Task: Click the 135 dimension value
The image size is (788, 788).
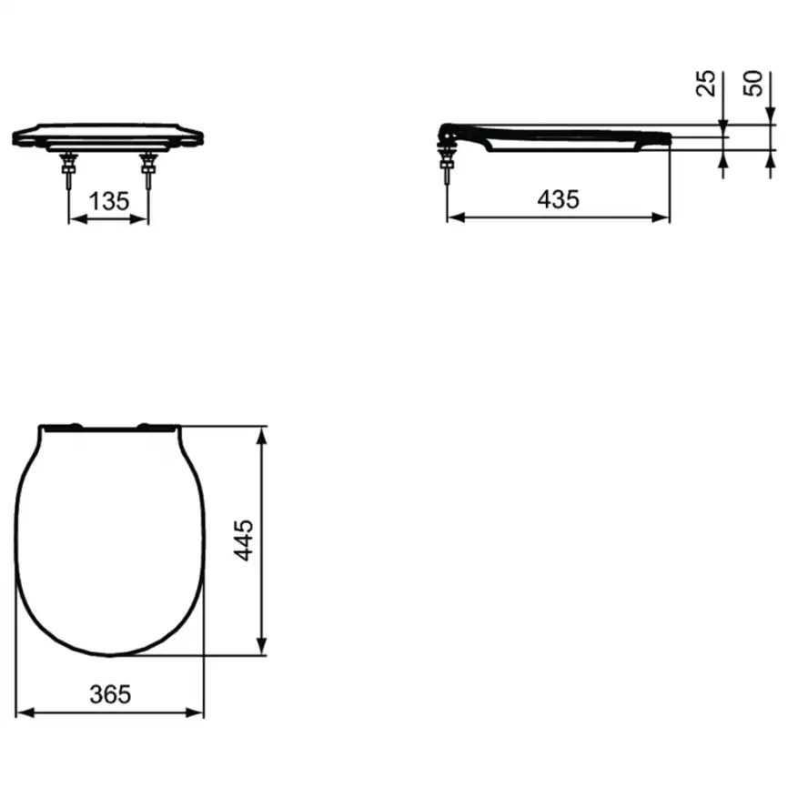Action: (109, 201)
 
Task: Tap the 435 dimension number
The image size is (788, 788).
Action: (558, 198)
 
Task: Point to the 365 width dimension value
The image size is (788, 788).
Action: (110, 693)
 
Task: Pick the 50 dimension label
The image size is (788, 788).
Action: (753, 84)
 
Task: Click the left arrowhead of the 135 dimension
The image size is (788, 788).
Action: (76, 219)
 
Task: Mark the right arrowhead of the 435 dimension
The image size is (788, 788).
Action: (662, 217)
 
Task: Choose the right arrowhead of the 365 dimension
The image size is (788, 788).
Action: (197, 712)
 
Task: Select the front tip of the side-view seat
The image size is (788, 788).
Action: (669, 137)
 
